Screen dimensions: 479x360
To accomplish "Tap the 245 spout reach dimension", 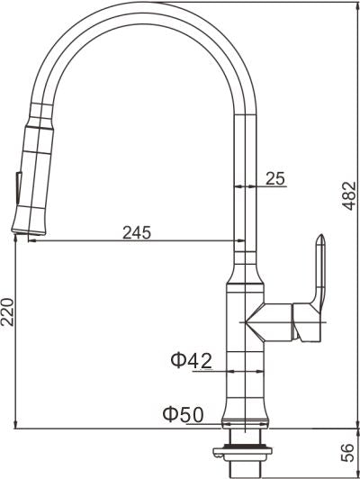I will (x=136, y=232).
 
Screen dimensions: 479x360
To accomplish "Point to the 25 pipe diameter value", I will (x=275, y=179).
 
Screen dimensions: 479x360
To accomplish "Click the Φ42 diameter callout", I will (x=191, y=361).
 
